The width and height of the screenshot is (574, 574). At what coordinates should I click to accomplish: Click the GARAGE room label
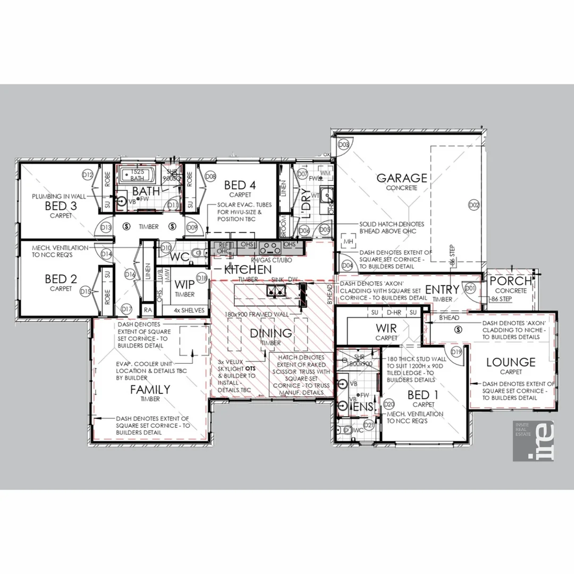click(401, 178)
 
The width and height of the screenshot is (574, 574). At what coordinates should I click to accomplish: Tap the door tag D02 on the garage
click(474, 205)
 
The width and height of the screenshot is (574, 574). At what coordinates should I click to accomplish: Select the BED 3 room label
click(60, 206)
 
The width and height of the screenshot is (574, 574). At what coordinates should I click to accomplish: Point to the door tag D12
click(88, 175)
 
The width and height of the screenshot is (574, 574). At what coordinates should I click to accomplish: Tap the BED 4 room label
click(240, 185)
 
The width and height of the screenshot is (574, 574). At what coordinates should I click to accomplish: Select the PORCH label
click(510, 281)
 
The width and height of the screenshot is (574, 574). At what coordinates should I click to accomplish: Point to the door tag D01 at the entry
click(470, 288)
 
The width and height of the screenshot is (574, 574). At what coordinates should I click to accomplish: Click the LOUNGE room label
click(510, 362)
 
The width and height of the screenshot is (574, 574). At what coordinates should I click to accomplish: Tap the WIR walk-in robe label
click(386, 328)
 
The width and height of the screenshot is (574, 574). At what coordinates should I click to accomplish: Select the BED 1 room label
click(423, 395)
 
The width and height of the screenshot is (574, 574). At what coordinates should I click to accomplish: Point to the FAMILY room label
click(150, 390)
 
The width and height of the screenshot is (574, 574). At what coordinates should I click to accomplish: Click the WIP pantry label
click(184, 284)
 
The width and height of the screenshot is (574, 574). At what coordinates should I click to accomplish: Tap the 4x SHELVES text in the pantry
click(189, 310)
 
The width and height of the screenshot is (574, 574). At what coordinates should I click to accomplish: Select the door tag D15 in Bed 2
click(85, 291)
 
